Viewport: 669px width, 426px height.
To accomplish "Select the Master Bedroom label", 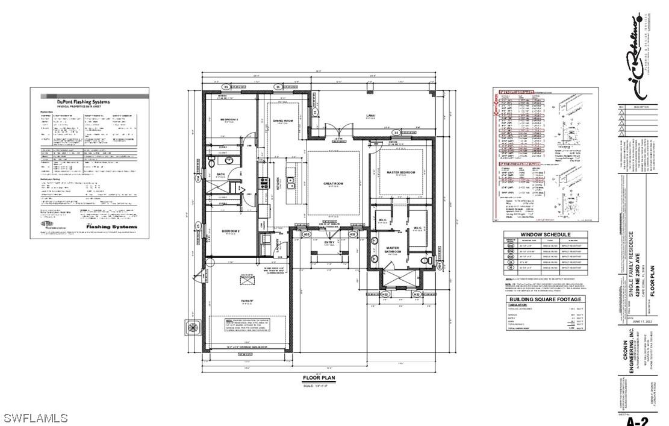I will (400, 173).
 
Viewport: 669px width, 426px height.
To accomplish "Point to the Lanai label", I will (370, 116).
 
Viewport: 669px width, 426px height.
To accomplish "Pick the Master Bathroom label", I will (393, 251).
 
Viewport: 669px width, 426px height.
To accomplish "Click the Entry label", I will (329, 243).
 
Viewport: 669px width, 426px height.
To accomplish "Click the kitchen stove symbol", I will (263, 183).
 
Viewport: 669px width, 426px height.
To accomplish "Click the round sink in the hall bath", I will (212, 164).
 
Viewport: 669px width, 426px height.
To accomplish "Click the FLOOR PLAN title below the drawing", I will (319, 378).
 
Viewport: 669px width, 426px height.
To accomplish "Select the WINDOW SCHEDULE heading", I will (545, 235).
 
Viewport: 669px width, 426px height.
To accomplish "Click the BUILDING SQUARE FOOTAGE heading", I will (545, 299).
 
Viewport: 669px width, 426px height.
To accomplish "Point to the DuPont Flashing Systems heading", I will (83, 102).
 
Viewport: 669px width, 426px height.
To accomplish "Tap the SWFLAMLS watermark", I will (36, 418).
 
